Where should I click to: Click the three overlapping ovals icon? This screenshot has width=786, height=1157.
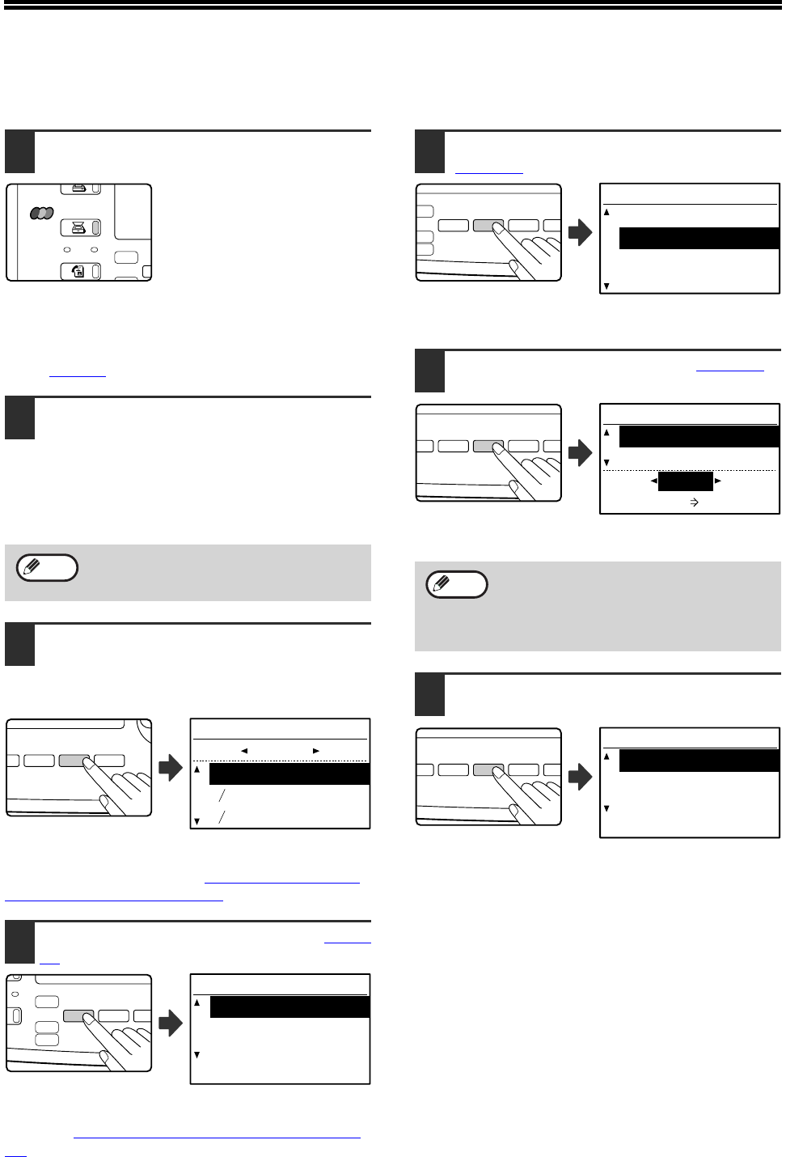42,213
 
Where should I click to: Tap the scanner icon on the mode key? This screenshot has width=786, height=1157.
78,228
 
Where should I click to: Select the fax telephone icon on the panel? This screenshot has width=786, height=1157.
78,272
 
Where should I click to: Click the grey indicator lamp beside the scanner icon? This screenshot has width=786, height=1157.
96,228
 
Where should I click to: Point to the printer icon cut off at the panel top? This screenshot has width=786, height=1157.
78,189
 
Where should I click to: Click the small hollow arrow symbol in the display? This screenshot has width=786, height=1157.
694,502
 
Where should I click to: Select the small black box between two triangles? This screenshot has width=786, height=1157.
685,481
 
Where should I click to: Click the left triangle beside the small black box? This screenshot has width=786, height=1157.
653,481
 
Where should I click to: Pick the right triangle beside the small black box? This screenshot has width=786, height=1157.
718,481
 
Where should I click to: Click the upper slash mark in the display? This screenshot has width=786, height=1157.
222,796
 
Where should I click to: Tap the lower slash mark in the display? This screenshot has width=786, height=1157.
222,818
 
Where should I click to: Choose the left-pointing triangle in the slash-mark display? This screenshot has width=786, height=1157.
243,751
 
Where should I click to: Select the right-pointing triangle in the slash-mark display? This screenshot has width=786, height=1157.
316,751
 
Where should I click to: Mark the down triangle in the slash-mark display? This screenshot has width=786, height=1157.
196,821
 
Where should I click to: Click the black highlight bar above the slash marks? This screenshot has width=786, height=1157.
289,773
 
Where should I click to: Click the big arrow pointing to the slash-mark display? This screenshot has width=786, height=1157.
171,767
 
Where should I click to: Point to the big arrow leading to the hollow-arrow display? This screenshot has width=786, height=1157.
581,453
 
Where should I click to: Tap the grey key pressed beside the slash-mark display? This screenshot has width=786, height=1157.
74,761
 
